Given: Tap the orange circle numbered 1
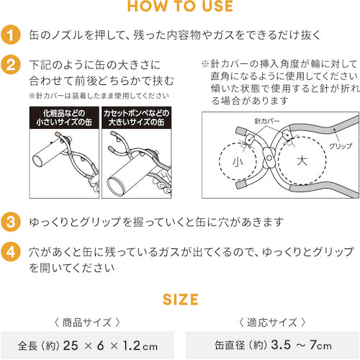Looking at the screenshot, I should [x=10, y=35].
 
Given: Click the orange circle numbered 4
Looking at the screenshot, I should [x=10, y=253].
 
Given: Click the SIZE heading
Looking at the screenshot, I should [x=179, y=297].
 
